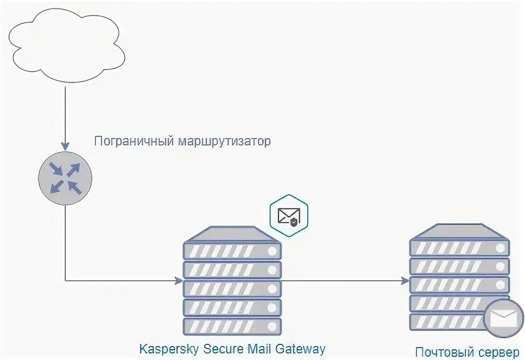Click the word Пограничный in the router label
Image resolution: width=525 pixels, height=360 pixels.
(x=133, y=142)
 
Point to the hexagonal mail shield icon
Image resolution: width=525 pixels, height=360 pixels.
(x=288, y=216)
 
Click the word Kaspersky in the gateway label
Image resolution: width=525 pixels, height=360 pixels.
(x=169, y=348)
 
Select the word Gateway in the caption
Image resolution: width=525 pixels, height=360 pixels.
(x=301, y=348)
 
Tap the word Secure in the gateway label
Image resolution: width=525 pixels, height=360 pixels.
(x=225, y=348)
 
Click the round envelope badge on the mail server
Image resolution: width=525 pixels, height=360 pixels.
(x=503, y=318)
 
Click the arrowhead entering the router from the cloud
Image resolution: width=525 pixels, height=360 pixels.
(x=65, y=146)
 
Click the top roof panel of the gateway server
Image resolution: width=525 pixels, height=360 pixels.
(x=232, y=234)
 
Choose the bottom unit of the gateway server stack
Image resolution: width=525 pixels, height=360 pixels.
(x=232, y=326)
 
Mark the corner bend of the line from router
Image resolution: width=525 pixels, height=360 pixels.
(x=65, y=281)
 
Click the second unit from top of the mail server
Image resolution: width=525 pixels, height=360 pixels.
(x=459, y=266)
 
